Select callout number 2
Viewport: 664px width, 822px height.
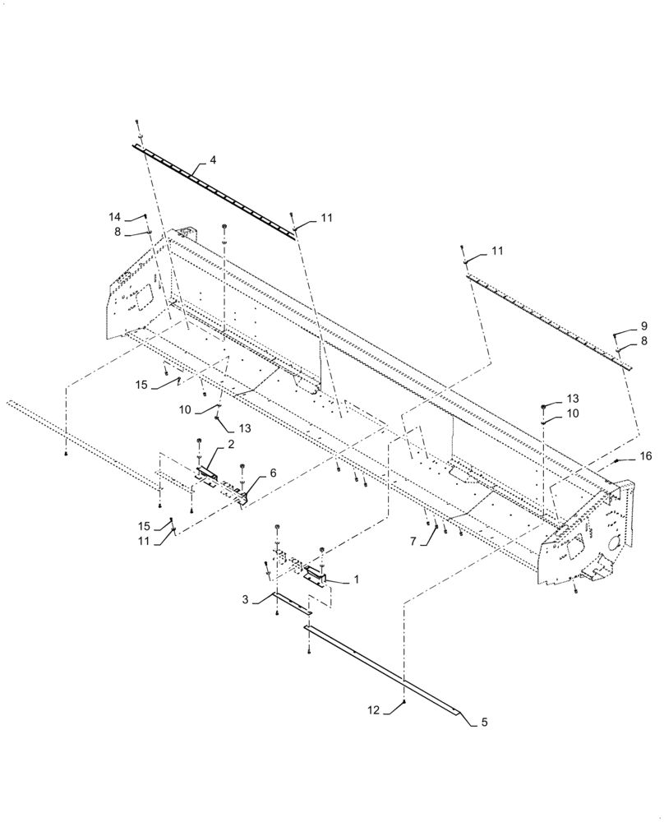pos(231,445)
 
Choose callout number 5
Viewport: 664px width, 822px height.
pos(484,723)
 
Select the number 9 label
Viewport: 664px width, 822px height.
pos(643,325)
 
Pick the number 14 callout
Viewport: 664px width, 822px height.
pos(114,216)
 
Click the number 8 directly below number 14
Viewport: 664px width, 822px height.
pos(118,233)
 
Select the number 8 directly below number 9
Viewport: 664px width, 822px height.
pos(643,339)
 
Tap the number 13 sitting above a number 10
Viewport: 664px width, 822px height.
pos(572,399)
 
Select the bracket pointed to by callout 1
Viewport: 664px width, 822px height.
pos(316,575)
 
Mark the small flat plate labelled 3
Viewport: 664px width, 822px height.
pos(292,603)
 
